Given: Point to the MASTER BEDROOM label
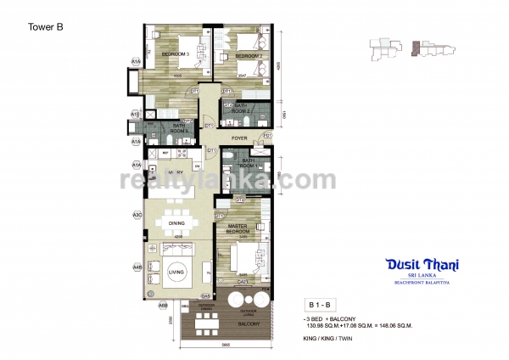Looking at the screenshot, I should click(x=237, y=228).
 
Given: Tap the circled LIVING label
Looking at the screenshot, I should click(x=177, y=272).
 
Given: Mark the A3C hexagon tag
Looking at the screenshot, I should click(x=136, y=216).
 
